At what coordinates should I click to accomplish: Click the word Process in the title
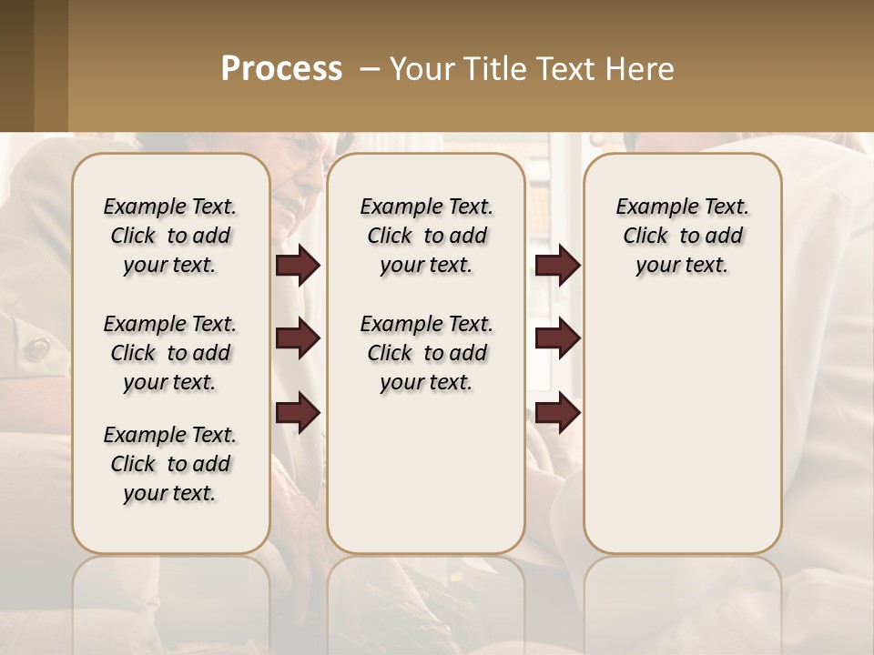click(x=281, y=69)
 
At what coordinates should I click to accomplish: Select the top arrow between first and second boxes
click(x=298, y=266)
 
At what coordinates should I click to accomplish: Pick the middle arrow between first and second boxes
click(x=298, y=339)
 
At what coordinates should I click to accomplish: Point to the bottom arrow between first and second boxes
click(x=298, y=412)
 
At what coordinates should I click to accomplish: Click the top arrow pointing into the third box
click(x=557, y=266)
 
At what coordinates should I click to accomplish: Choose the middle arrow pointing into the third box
click(x=557, y=339)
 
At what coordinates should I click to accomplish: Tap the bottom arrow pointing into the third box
click(x=557, y=412)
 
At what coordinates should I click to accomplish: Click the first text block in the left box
click(x=170, y=236)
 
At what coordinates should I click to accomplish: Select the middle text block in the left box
click(x=170, y=353)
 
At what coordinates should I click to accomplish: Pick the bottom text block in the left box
click(x=170, y=464)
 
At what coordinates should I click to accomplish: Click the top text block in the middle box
click(x=426, y=236)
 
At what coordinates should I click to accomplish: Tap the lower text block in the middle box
click(x=426, y=353)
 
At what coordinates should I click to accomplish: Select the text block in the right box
click(x=682, y=236)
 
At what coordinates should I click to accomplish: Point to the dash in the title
click(x=370, y=69)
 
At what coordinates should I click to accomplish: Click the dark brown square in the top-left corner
click(x=16, y=65)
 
